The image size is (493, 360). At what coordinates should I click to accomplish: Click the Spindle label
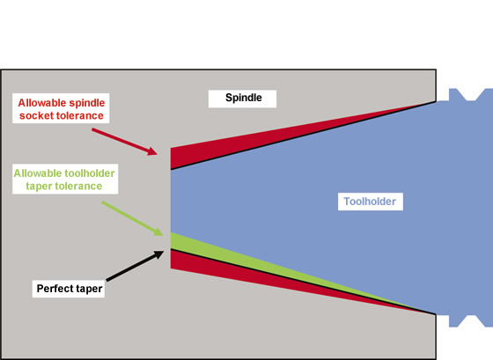[x=243, y=98]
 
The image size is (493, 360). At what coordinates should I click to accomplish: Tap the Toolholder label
[x=370, y=202]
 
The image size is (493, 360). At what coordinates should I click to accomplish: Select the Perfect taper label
[x=70, y=289]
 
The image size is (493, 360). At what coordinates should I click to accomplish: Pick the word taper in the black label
[x=90, y=289]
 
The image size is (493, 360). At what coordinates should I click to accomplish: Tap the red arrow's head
[x=152, y=151]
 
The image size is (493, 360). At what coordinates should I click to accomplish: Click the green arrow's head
[x=158, y=231]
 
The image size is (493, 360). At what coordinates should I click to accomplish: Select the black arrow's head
[x=158, y=254]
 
